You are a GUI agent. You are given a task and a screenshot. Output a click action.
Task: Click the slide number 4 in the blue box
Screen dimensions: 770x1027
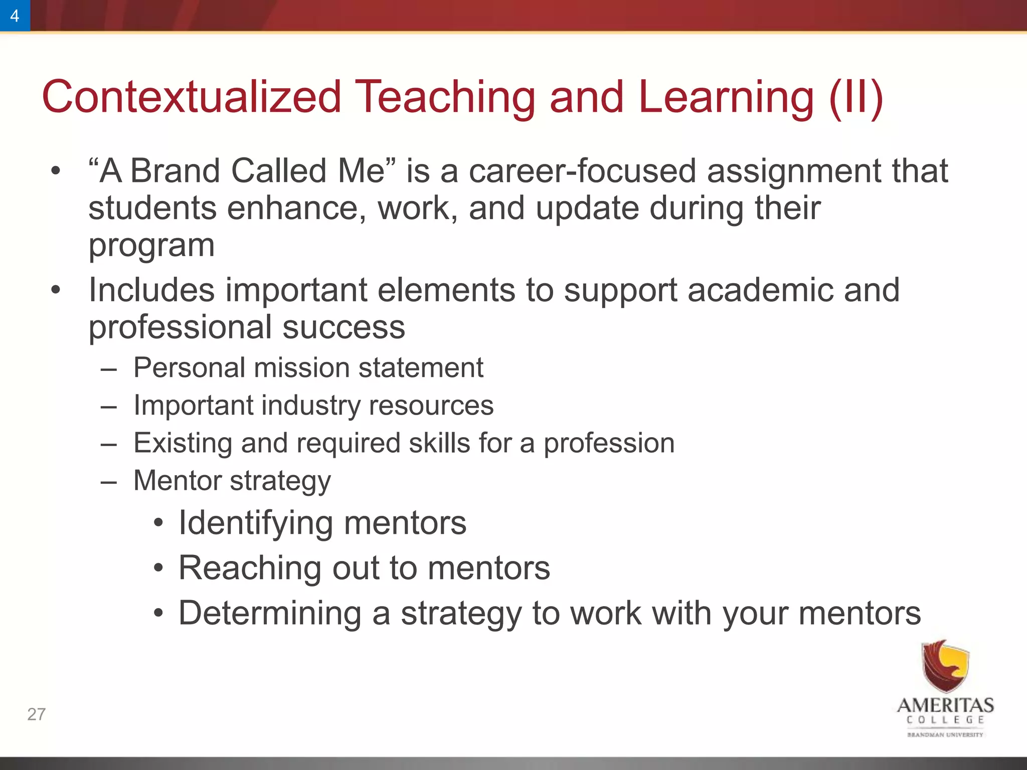(15, 16)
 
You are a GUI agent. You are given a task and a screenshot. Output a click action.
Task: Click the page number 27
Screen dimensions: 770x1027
(36, 714)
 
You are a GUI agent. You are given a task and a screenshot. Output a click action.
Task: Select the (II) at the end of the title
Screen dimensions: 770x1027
(855, 97)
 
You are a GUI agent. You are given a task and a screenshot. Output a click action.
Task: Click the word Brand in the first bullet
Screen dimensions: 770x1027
(175, 170)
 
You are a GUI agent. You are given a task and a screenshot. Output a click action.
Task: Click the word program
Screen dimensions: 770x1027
(151, 246)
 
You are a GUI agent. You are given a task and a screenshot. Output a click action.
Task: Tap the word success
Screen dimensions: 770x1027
(344, 327)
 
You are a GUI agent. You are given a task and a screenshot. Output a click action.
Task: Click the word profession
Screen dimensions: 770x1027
(609, 443)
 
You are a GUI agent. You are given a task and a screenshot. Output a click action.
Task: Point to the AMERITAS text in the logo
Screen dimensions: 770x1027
(945, 705)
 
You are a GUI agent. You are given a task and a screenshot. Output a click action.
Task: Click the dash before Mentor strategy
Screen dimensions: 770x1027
(108, 481)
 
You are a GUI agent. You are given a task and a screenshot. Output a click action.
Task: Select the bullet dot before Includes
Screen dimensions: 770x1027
(56, 290)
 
